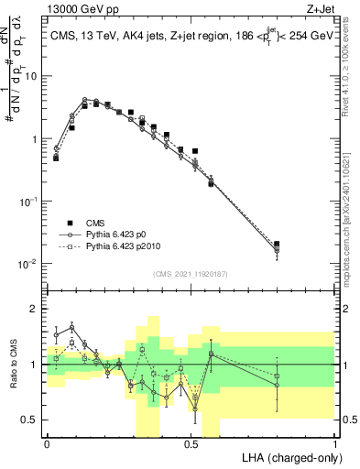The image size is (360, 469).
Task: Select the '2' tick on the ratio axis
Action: click(35, 309)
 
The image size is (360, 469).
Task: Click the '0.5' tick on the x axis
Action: click(191, 443)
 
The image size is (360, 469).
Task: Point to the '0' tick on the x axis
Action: click(47, 443)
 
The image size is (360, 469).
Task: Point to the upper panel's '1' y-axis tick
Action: click(35, 139)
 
